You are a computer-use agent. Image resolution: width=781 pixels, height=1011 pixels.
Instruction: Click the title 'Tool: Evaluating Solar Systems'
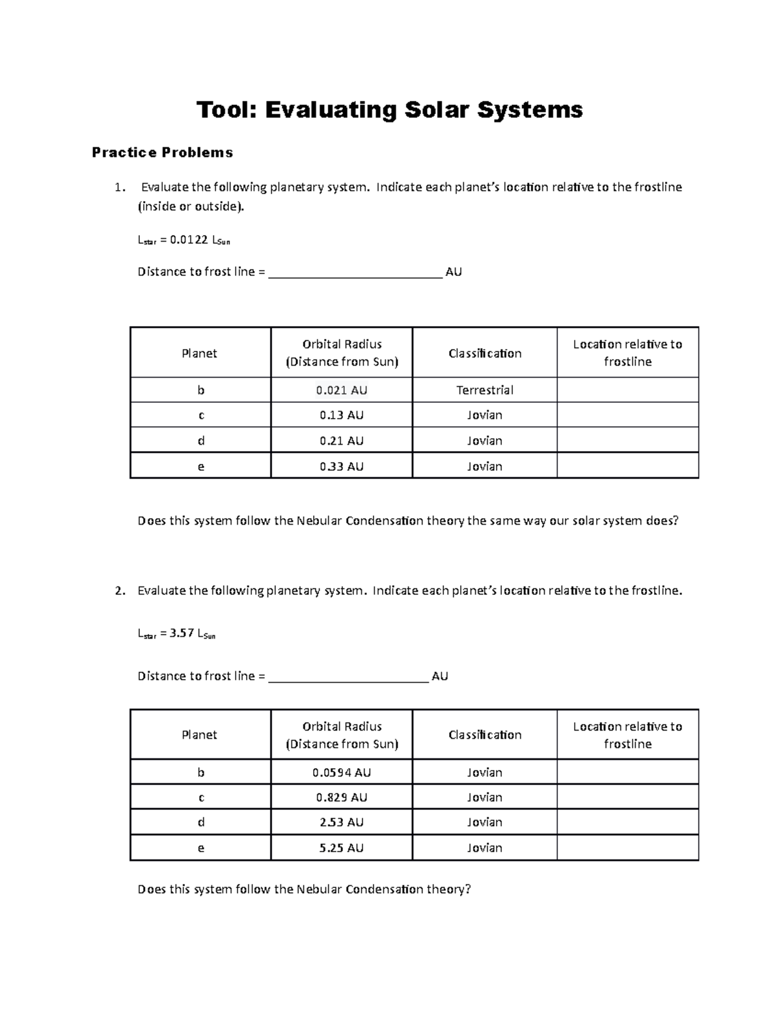coord(389,110)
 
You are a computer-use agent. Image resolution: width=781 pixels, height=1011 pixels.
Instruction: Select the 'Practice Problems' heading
coord(162,152)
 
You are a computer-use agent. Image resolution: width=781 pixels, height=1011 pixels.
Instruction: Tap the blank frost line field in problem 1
coord(355,272)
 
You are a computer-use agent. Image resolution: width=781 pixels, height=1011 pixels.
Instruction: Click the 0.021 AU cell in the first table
coord(341,390)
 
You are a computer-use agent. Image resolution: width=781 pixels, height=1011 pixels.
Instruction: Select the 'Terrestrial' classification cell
coord(484,390)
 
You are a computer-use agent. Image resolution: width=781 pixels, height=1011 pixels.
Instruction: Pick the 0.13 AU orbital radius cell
coord(341,415)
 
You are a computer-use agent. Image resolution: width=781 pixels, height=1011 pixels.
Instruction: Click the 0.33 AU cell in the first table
coord(341,466)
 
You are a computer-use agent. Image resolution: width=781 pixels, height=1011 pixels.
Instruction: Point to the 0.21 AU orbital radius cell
coord(341,441)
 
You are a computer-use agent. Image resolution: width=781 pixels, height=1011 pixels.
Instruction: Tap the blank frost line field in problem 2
coord(348,676)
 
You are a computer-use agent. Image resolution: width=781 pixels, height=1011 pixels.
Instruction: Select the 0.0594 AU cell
coord(341,772)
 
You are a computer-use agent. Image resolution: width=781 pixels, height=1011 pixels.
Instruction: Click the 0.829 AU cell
coord(341,797)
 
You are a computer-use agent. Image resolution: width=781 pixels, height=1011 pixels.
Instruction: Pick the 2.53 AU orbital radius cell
coord(341,822)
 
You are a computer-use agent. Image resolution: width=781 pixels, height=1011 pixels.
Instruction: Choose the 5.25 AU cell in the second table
coord(341,848)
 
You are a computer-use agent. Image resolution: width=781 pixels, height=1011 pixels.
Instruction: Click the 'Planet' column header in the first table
coord(199,353)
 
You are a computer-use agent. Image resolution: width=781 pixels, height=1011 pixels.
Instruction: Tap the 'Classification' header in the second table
coord(484,734)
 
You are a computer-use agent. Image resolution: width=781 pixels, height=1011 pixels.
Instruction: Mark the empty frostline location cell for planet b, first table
coord(627,390)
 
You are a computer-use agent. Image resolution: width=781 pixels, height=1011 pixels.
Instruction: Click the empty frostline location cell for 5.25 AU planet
coord(627,848)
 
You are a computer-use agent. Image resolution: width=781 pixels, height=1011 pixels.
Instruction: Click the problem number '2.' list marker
coord(119,591)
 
